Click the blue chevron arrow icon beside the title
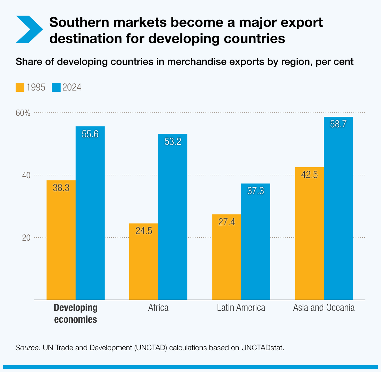(29, 29)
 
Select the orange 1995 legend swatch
(20, 87)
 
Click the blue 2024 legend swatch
(56, 87)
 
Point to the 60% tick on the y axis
(23, 113)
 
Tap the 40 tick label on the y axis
(26, 175)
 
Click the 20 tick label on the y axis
(26, 237)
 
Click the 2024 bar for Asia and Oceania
(338, 212)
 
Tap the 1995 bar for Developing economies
(61, 243)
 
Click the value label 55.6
(90, 134)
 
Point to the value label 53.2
(173, 142)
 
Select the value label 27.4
(227, 222)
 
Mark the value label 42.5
(309, 175)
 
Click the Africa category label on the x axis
(158, 308)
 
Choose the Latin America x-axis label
(241, 308)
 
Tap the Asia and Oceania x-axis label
(324, 308)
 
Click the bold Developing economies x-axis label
(76, 314)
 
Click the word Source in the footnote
(28, 348)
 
